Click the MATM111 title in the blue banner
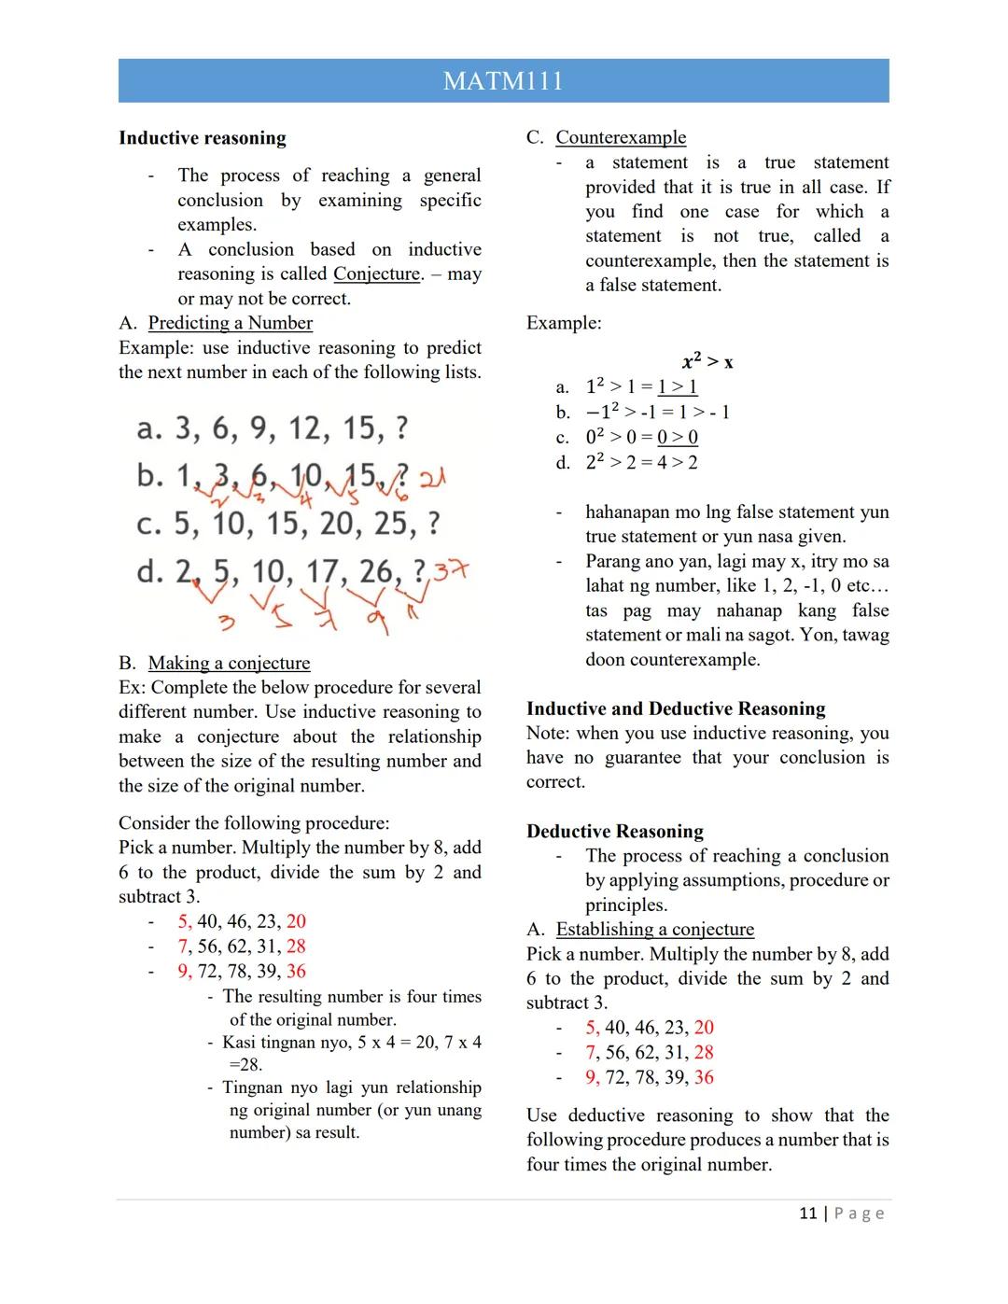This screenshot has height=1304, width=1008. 503,81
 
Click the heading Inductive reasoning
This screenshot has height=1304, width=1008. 203,138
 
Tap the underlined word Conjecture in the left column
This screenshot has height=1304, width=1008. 376,274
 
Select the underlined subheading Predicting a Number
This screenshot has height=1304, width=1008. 230,323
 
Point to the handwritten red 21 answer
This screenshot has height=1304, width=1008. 432,478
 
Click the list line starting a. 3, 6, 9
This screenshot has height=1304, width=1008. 272,428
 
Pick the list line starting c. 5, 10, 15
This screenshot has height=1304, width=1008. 287,524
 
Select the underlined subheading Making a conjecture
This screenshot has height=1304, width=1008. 229,663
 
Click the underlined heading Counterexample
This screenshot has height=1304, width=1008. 621,137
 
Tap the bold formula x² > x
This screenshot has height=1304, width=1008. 707,361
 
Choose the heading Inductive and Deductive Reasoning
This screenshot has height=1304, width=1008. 676,708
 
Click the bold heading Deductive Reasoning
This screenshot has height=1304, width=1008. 614,831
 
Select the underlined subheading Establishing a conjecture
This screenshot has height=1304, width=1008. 654,929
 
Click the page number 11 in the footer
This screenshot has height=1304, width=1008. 807,1213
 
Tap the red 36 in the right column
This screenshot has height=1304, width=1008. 704,1077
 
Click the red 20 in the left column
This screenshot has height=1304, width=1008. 296,921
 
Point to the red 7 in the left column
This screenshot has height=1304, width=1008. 183,946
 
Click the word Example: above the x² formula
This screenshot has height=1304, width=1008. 564,323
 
